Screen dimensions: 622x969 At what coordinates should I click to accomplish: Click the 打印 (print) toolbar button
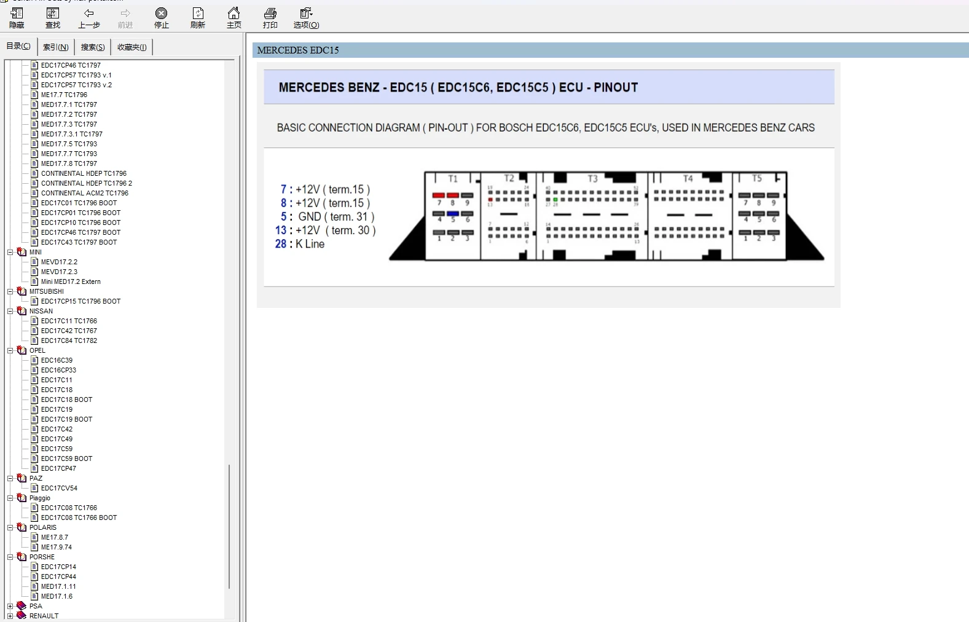point(270,18)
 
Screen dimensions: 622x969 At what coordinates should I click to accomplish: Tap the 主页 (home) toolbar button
point(233,18)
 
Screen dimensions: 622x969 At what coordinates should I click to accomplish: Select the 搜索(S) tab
point(93,47)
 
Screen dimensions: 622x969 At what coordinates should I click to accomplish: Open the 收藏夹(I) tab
point(131,47)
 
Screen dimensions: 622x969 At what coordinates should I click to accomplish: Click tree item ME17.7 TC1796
point(64,95)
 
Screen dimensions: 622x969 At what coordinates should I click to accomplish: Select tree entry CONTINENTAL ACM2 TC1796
point(84,193)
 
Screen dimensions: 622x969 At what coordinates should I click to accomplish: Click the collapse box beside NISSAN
point(10,311)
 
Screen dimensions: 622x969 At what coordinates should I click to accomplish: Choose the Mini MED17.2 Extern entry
point(70,281)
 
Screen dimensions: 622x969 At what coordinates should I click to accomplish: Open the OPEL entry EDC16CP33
point(58,370)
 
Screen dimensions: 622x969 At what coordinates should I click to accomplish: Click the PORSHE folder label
point(42,557)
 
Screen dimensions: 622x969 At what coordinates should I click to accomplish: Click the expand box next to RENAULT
point(10,616)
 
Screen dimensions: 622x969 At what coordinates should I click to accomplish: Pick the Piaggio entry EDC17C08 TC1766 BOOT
point(79,518)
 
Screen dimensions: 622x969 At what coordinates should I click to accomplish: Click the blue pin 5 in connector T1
point(453,214)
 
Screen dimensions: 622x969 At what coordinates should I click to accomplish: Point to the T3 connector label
point(592,179)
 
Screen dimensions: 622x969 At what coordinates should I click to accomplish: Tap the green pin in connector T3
point(555,200)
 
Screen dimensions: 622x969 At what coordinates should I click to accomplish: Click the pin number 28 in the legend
point(280,244)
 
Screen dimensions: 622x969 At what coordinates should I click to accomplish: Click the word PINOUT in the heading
point(616,87)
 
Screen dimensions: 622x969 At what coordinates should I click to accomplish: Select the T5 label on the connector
point(757,178)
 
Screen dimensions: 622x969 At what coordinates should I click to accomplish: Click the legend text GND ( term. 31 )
point(336,217)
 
